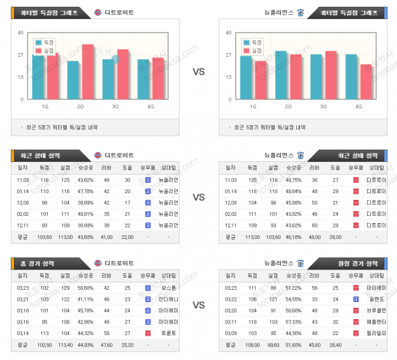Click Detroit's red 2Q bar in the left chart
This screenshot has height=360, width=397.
88,72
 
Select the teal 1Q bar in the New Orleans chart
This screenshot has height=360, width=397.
246,77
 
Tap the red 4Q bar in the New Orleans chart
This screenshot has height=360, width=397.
365,81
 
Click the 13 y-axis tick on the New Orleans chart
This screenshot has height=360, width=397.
228,77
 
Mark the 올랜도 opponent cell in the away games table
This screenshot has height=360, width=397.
374,298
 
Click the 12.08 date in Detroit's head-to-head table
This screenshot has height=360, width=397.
23,202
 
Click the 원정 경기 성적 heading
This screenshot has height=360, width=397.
358,263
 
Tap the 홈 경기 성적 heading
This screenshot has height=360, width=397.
40,263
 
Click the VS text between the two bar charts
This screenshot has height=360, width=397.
198,72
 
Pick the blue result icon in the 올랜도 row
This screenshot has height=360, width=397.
355,298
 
